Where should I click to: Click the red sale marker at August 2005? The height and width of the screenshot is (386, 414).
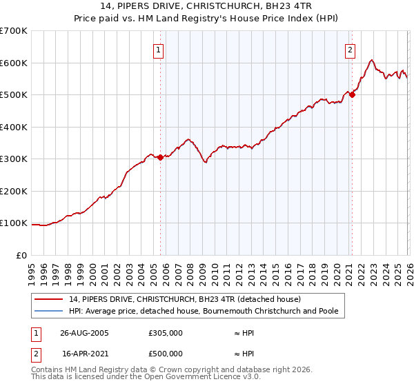point(160,157)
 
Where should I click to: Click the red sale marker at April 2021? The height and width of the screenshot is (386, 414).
point(351,95)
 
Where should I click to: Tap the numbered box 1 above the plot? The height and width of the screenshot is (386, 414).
point(159,50)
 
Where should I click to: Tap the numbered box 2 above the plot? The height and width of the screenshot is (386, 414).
point(351,50)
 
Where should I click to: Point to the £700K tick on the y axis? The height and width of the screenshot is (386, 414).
point(14,31)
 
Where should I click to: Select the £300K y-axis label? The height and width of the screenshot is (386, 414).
point(14,159)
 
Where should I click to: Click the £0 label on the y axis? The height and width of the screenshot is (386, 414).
point(22,256)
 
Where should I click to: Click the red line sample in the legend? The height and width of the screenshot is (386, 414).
point(49,300)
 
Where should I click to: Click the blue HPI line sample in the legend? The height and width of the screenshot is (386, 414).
point(49,312)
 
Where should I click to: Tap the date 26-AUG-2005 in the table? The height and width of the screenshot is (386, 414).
point(84,332)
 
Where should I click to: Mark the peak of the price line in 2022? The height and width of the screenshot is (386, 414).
point(372,60)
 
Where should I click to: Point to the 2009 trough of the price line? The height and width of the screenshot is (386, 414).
point(205,163)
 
